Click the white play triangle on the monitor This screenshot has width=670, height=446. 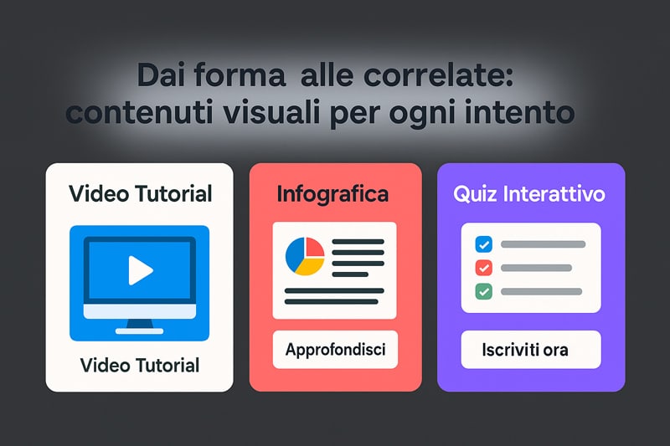pyautogui.click(x=140, y=270)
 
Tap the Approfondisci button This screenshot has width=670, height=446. pyautogui.click(x=335, y=350)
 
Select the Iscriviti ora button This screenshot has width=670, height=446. pyautogui.click(x=531, y=350)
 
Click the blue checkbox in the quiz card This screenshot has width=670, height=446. pyautogui.click(x=484, y=244)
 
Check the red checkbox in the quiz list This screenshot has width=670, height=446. pyautogui.click(x=484, y=268)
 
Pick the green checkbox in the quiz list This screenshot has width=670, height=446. pyautogui.click(x=484, y=291)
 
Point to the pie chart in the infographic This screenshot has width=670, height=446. pyautogui.click(x=305, y=256)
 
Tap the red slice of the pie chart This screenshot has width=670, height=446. pyautogui.click(x=315, y=247)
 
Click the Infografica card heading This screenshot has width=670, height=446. pyautogui.click(x=332, y=194)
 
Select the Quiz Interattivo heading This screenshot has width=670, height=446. pyautogui.click(x=529, y=194)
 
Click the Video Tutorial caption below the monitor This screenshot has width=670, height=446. pyautogui.click(x=140, y=366)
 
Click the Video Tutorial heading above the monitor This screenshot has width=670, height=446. pyautogui.click(x=140, y=193)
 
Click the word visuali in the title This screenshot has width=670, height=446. pyautogui.click(x=271, y=113)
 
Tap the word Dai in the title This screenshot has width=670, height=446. pyautogui.click(x=162, y=75)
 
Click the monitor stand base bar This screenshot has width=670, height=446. pyautogui.click(x=139, y=331)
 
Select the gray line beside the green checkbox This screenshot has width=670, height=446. pyautogui.click(x=541, y=291)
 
